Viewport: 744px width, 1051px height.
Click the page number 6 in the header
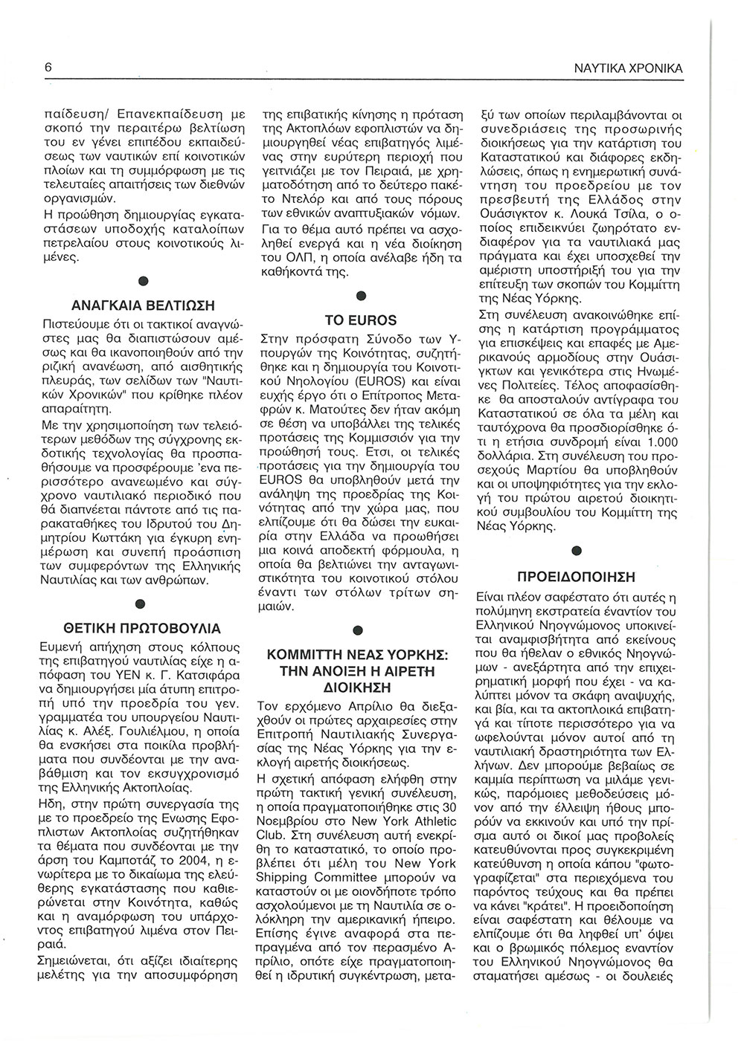(x=48, y=67)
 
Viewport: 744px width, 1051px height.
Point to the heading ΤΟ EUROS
(x=361, y=320)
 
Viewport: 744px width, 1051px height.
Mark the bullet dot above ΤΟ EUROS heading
(x=361, y=297)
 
